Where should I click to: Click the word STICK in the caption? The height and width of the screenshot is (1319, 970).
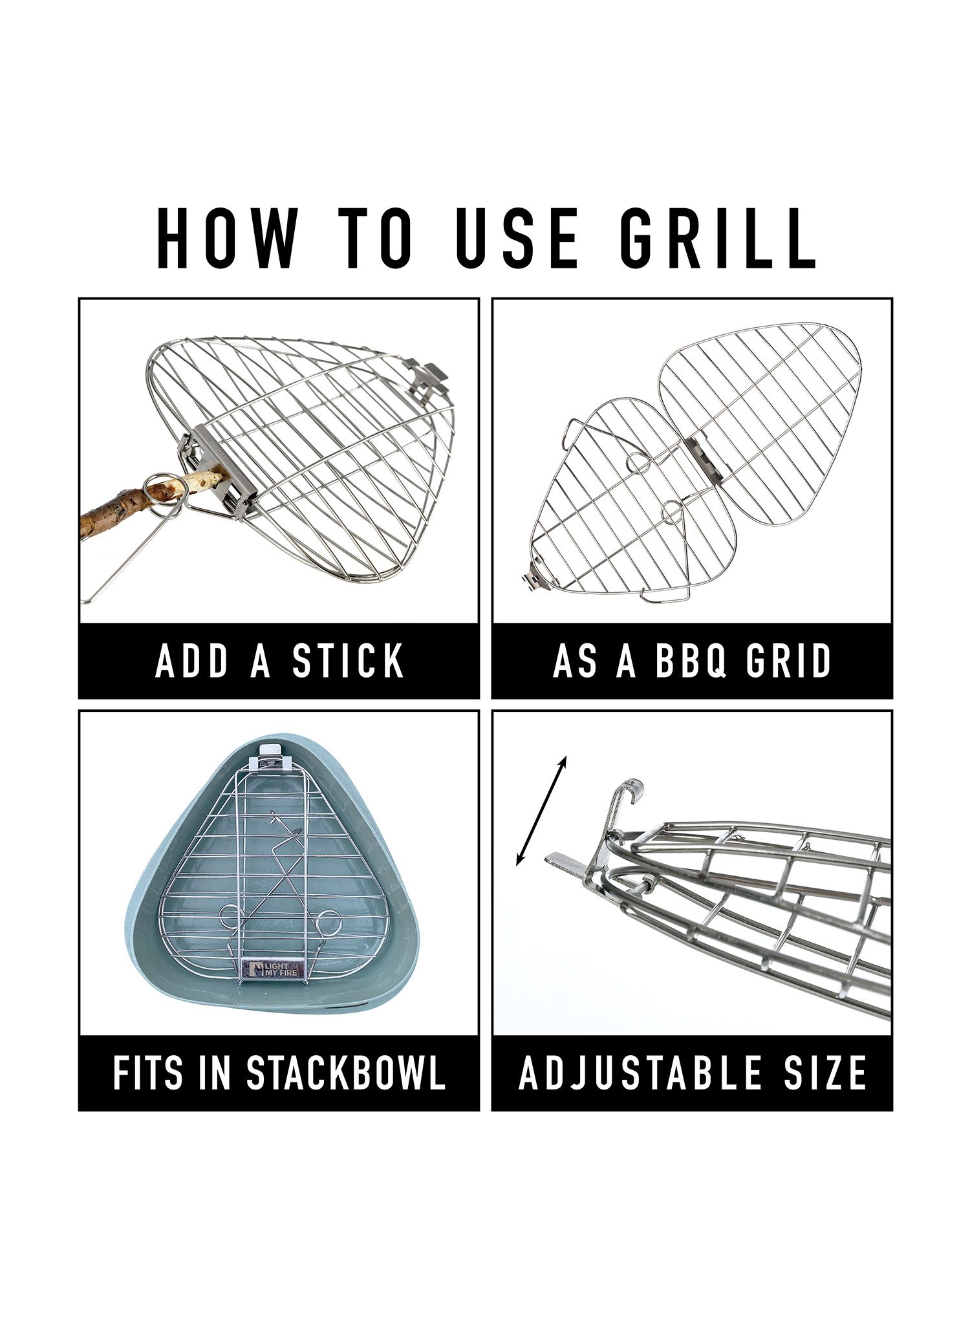coord(348,661)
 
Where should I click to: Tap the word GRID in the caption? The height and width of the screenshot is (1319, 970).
coord(790,661)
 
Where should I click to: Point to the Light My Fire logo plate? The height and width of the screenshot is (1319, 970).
coord(271,969)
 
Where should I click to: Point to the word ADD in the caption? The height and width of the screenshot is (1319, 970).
coord(193,661)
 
